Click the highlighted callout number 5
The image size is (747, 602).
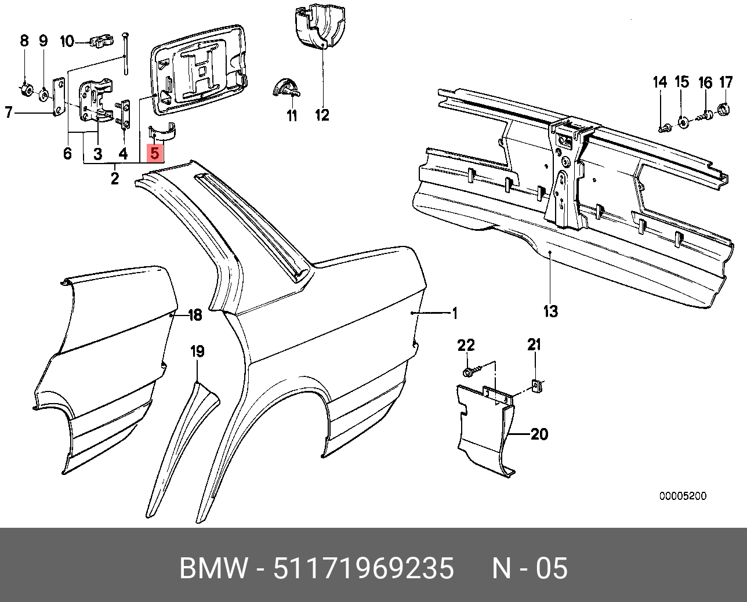pyautogui.click(x=155, y=153)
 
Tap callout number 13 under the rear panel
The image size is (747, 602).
pyautogui.click(x=550, y=311)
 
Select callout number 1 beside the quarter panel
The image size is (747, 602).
pyautogui.click(x=455, y=314)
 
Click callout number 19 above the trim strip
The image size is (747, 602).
pyautogui.click(x=198, y=351)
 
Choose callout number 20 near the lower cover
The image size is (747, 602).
pyautogui.click(x=539, y=434)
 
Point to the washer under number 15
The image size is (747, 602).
pyautogui.click(x=682, y=121)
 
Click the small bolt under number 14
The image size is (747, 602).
pyautogui.click(x=662, y=126)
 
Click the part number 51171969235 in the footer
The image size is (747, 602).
pyautogui.click(x=364, y=569)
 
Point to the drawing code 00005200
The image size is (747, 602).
pyautogui.click(x=683, y=496)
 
